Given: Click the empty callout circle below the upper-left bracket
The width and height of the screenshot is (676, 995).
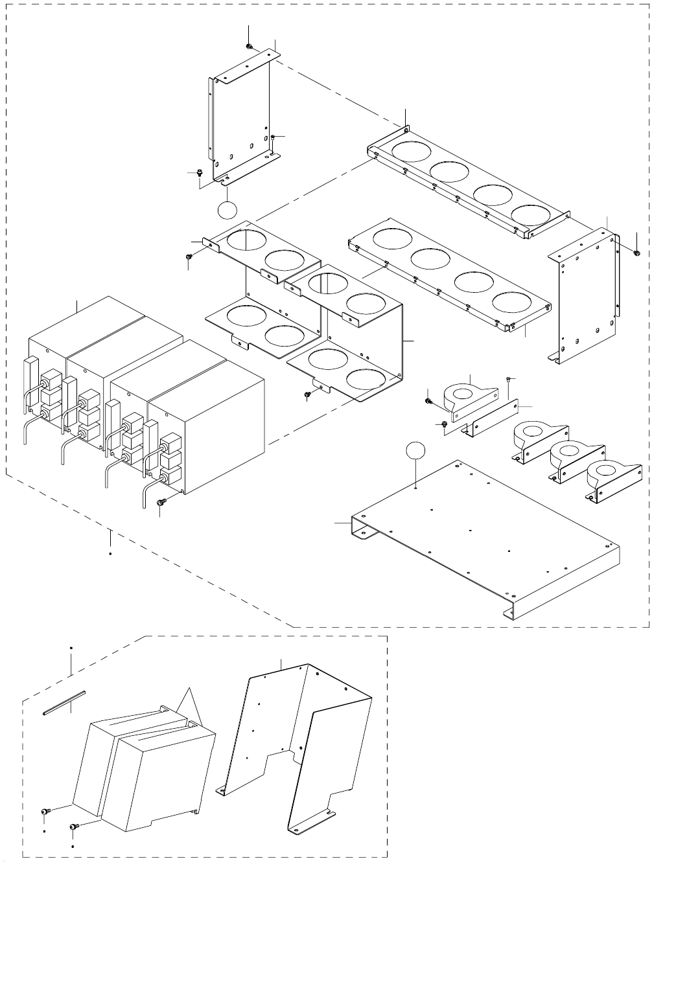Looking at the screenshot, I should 226,210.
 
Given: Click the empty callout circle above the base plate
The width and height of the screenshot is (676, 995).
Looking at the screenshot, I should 417,452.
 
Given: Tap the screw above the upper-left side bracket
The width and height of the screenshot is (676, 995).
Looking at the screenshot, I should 250,47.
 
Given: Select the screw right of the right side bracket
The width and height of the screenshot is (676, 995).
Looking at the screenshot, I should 636,252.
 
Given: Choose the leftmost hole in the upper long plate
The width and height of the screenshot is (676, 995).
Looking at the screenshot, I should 410,150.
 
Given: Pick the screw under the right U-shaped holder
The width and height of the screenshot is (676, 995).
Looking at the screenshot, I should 308,394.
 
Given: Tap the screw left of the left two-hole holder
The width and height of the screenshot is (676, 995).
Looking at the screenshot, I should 188,258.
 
